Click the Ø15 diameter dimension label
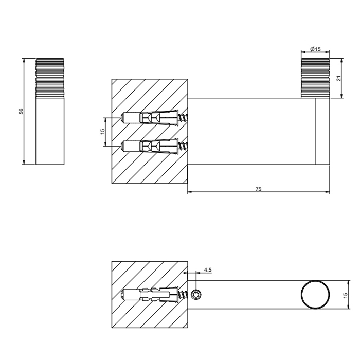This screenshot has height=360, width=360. pyautogui.click(x=315, y=49)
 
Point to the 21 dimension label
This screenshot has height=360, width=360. pyautogui.click(x=338, y=78)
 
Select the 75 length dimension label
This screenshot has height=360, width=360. pyautogui.click(x=258, y=189)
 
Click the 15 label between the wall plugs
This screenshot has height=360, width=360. pyautogui.click(x=102, y=132)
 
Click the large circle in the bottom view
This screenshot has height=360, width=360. pyautogui.click(x=314, y=295)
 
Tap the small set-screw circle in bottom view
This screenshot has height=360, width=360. pyautogui.click(x=196, y=295)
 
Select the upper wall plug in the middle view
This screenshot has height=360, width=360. pyautogui.click(x=149, y=118)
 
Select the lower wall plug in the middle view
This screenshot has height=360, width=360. pyautogui.click(x=149, y=147)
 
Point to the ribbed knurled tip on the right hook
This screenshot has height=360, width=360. pyautogui.click(x=315, y=77)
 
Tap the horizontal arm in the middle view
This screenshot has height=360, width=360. pyautogui.click(x=252, y=131)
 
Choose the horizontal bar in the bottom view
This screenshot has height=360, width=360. pyautogui.click(x=247, y=295)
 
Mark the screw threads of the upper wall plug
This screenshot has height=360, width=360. pyautogui.click(x=183, y=118)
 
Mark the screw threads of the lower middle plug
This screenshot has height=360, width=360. pyautogui.click(x=183, y=147)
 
